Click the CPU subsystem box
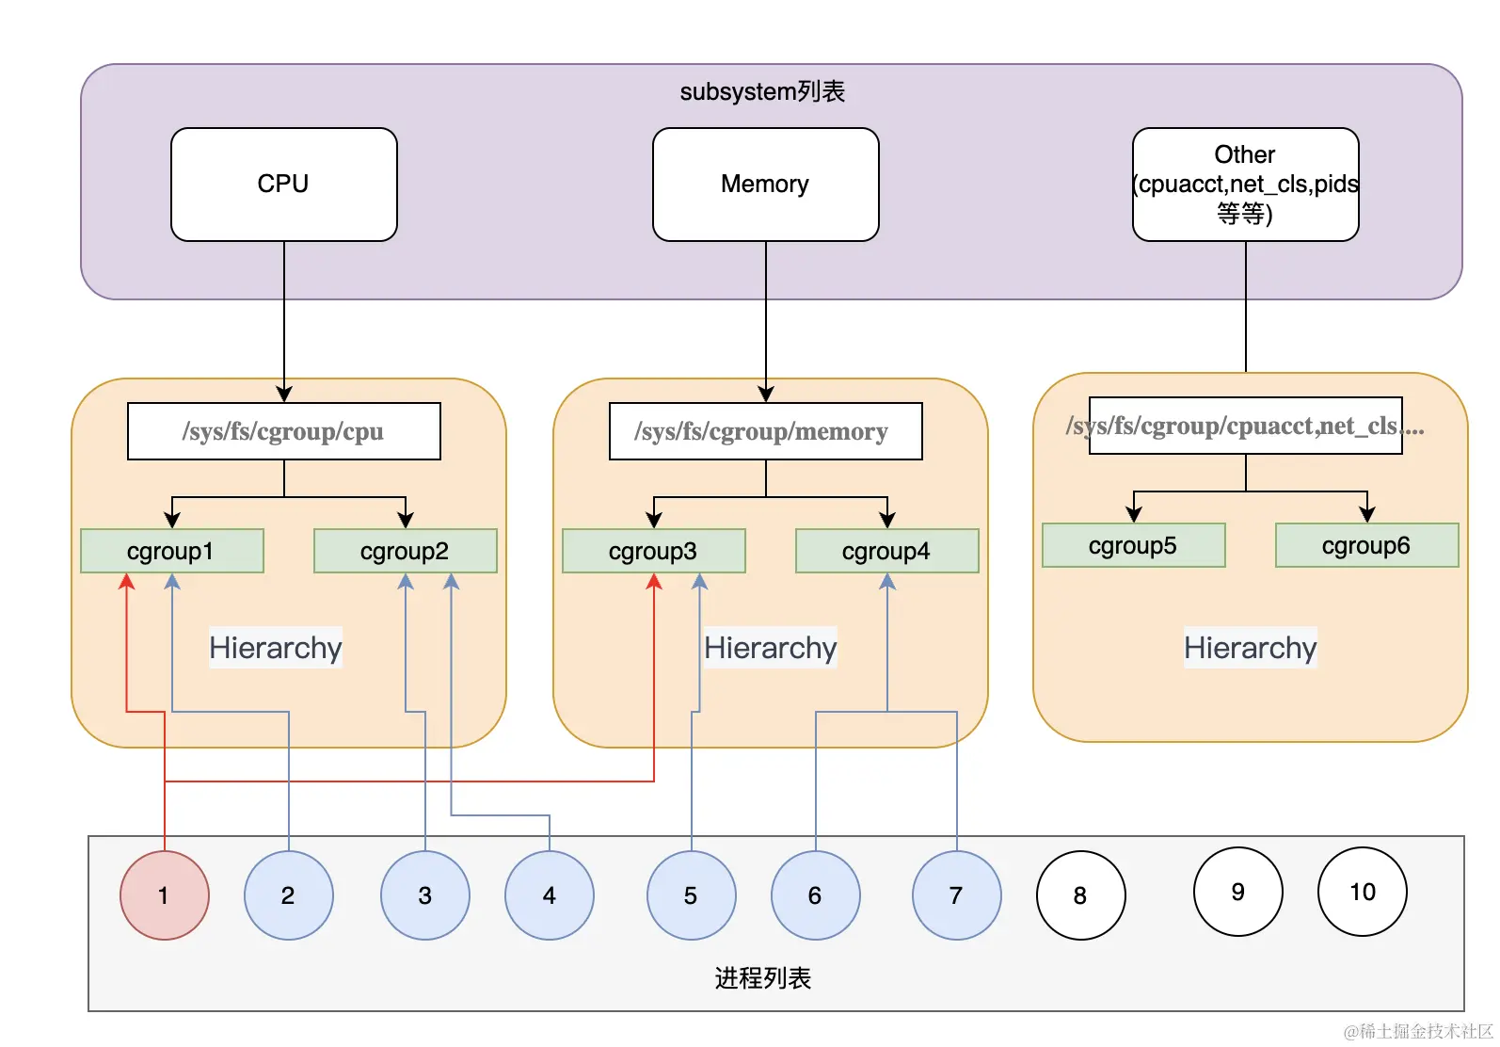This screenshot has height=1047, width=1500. [284, 185]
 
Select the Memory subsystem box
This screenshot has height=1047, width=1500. [765, 185]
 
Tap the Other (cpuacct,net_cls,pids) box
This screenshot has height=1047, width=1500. [1246, 185]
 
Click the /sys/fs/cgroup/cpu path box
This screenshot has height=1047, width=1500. [284, 431]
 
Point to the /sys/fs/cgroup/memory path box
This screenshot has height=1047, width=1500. [765, 431]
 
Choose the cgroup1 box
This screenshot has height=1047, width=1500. [172, 552]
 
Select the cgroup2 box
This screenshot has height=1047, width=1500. [406, 552]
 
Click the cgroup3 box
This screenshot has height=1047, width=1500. [654, 552]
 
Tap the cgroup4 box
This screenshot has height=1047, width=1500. [887, 552]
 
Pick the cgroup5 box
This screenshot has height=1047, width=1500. [1134, 546]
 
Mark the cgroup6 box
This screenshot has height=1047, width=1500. [1366, 546]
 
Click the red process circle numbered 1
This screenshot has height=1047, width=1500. [165, 895]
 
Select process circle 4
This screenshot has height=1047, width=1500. [550, 895]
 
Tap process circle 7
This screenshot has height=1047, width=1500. [957, 895]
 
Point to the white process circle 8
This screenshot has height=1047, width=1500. [1081, 895]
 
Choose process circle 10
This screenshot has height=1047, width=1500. [1362, 892]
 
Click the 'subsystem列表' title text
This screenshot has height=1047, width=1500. [763, 91]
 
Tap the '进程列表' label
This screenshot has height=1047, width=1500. [763, 978]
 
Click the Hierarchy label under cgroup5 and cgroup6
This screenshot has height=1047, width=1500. [1251, 648]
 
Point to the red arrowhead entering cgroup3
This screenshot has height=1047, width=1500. [654, 582]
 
